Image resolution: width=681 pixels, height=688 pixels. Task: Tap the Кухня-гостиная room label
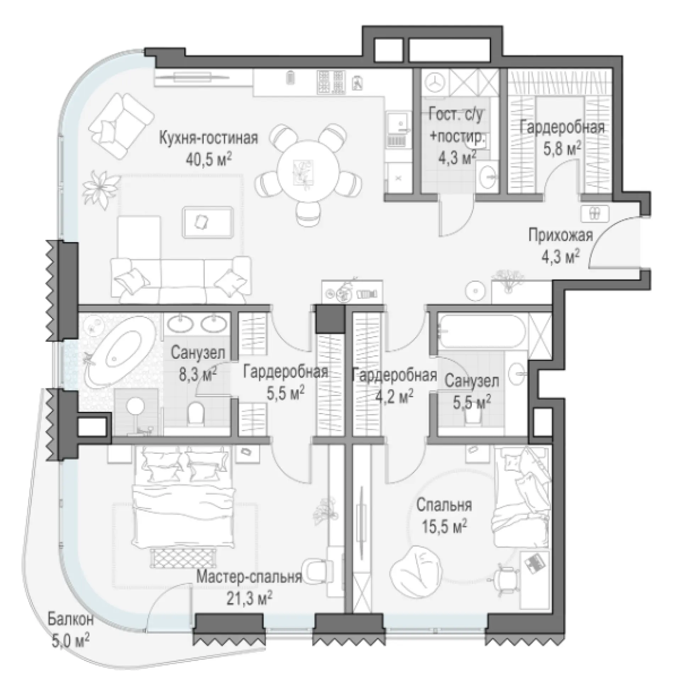[x=209, y=138]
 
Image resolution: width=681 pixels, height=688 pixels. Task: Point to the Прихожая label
[x=561, y=236]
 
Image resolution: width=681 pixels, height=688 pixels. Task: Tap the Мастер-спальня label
[x=249, y=577]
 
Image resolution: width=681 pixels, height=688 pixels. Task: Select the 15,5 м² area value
[x=444, y=527]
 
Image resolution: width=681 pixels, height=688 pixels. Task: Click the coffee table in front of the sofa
[x=208, y=222]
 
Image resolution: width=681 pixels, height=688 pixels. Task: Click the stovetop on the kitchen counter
[x=331, y=82]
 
